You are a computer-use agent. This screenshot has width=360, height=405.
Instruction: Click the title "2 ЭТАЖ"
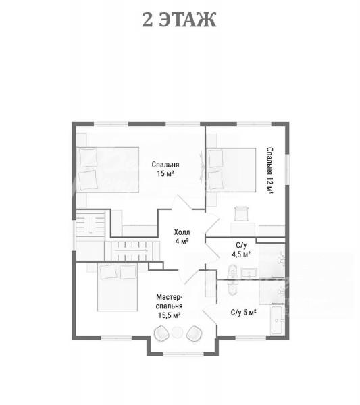coord(179,20)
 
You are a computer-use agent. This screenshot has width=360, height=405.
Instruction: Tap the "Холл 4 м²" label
coord(182,236)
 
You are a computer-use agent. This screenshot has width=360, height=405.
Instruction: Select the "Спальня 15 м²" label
coord(165,169)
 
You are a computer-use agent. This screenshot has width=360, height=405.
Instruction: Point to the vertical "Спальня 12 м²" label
coord(270,170)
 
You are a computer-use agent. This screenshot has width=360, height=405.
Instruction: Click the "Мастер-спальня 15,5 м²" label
coord(170,306)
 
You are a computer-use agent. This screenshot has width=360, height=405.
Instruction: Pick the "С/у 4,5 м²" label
coord(241,250)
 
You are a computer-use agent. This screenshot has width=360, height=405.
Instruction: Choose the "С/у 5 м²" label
coord(243,313)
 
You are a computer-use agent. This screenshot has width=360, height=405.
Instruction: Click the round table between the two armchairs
coord(177,332)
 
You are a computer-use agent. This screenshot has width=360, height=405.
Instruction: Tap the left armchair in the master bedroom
coord(161,333)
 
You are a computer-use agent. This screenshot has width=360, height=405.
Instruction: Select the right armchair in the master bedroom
coord(195,333)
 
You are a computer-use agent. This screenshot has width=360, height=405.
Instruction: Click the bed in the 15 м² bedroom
coord(107,169)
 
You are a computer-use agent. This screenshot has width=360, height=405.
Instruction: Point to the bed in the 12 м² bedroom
coord(231,170)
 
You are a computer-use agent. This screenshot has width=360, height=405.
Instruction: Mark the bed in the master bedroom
coord(118,287)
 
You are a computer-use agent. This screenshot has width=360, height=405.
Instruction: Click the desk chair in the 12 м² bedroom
coord(241,213)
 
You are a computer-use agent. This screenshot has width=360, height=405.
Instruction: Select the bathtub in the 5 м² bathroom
coord(278,319)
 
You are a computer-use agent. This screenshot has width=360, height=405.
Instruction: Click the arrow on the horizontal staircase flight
coord(132,250)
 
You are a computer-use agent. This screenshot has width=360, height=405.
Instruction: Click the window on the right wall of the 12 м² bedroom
coord(287,169)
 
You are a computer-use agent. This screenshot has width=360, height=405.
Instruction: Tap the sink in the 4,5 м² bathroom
coord(249,273)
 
